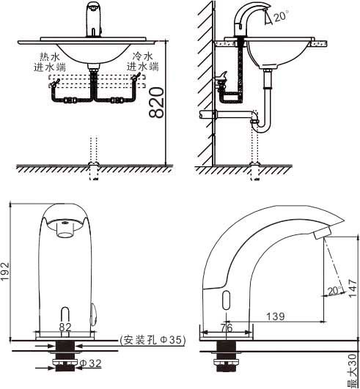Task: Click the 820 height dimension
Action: pyautogui.click(x=156, y=103)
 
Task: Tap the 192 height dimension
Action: pyautogui.click(x=5, y=272)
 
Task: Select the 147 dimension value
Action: pyautogui.click(x=353, y=288)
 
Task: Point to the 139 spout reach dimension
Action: pyautogui.click(x=276, y=316)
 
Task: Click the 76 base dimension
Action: pyautogui.click(x=227, y=328)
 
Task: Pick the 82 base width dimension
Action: pyautogui.click(x=65, y=327)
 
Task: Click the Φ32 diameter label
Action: pyautogui.click(x=91, y=363)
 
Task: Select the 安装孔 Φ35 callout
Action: pyautogui.click(x=153, y=340)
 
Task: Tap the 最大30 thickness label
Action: pyautogui.click(x=353, y=371)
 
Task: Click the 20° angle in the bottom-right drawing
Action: pyautogui.click(x=334, y=291)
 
